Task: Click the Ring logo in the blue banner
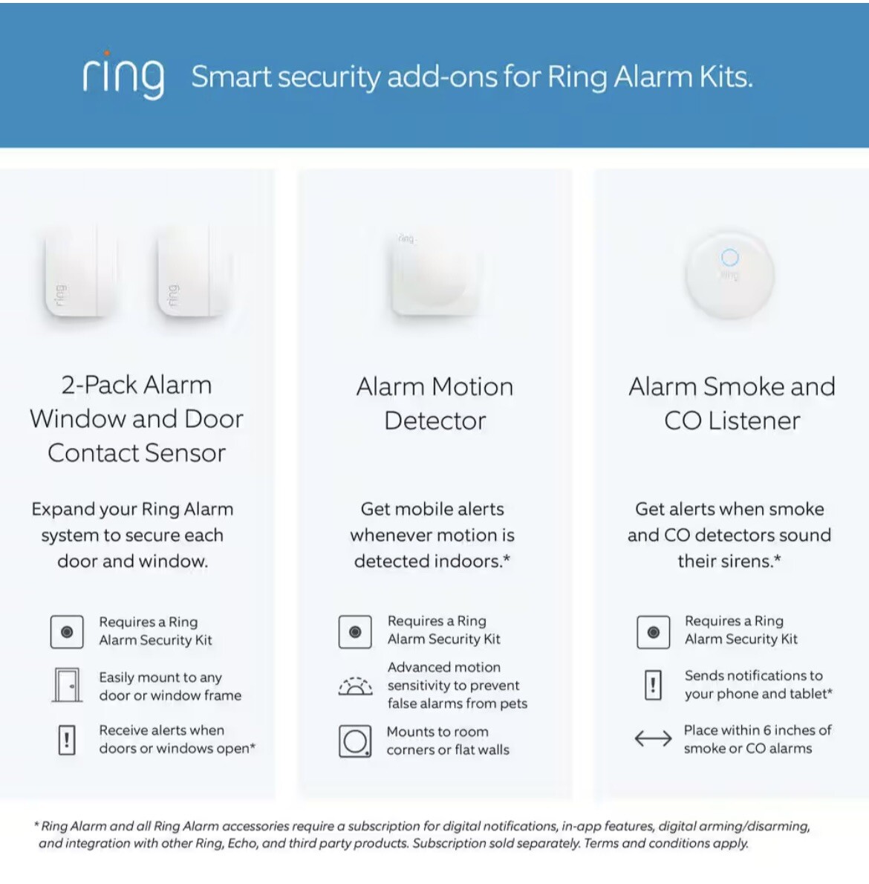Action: click(x=123, y=75)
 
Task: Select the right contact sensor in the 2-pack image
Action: click(x=192, y=273)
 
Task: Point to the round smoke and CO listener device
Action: click(x=730, y=275)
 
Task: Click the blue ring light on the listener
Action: click(x=730, y=257)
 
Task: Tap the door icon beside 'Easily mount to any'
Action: click(x=67, y=685)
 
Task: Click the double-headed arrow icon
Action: click(x=653, y=738)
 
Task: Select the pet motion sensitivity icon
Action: click(x=356, y=686)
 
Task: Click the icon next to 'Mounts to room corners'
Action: click(x=355, y=741)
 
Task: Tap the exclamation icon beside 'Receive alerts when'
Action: click(x=67, y=740)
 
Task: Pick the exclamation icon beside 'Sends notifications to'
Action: click(x=653, y=684)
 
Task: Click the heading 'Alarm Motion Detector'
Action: click(x=435, y=403)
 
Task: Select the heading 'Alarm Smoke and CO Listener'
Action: click(x=732, y=403)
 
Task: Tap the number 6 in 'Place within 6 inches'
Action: click(x=768, y=730)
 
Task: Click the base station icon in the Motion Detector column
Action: click(x=355, y=631)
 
